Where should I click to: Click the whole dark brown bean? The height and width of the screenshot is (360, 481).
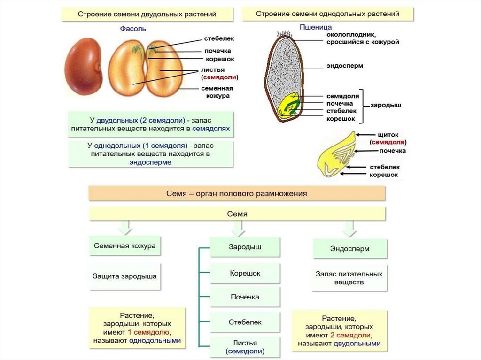click(x=84, y=67)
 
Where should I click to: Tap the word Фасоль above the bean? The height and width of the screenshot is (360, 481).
click(x=133, y=29)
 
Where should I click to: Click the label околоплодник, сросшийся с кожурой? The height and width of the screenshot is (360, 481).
click(x=363, y=38)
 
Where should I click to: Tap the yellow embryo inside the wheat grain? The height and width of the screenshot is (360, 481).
click(x=287, y=106)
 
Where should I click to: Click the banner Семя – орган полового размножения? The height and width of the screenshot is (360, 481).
click(x=237, y=193)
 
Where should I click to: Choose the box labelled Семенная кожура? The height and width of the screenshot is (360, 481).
click(x=124, y=245)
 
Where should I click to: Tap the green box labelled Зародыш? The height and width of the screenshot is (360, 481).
click(x=245, y=247)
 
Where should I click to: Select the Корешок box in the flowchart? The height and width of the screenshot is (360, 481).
click(x=245, y=273)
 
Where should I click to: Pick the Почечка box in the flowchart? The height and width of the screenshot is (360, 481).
click(x=245, y=297)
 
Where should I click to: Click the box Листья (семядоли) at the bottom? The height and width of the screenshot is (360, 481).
click(x=245, y=347)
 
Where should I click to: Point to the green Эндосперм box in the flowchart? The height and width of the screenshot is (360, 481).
click(x=349, y=248)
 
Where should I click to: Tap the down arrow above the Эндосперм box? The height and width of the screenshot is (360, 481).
click(x=349, y=229)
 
